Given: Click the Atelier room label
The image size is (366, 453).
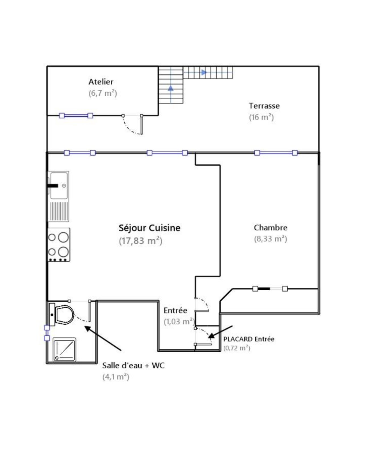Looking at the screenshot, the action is (x=101, y=82).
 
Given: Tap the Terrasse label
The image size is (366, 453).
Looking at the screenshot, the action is (x=264, y=106).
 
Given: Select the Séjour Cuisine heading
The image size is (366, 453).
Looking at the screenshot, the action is (x=150, y=228).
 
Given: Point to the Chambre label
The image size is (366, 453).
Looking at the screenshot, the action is (x=271, y=228).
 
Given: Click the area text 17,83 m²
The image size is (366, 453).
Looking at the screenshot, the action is (x=140, y=241).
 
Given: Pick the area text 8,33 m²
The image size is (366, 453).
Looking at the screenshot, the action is (x=271, y=239).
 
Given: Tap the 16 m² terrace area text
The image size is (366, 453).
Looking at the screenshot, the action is (x=261, y=117).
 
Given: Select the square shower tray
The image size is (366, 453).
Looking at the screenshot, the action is (x=64, y=349).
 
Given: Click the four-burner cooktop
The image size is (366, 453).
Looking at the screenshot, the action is (x=59, y=245).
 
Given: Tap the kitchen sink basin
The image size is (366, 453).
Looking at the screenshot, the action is (x=59, y=186).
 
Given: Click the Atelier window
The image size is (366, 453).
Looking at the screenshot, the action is (x=76, y=116).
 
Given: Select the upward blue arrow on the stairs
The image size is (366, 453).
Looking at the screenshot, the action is (x=171, y=88).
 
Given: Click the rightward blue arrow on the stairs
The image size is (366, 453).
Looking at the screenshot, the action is (x=204, y=72).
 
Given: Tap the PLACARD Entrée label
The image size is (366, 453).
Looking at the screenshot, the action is (x=249, y=339).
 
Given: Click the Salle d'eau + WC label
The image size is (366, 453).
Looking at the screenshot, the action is (x=133, y=365).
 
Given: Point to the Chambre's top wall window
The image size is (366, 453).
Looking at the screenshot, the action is (x=276, y=153).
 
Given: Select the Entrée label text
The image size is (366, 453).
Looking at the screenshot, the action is (x=175, y=310).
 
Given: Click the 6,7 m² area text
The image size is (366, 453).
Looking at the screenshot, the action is (x=103, y=93).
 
